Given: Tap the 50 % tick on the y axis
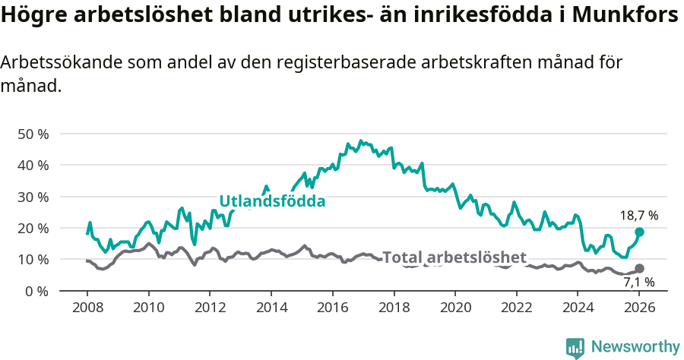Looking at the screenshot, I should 33,134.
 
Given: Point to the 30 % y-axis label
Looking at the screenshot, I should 33,197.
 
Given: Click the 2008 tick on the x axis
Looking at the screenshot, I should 87,309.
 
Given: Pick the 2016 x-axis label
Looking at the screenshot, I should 332,309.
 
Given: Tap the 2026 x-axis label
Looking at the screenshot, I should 639,309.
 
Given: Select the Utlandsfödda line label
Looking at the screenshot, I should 272,201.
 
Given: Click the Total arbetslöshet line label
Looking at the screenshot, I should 454,257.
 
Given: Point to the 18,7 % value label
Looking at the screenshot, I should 639,216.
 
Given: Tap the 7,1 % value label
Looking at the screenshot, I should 639,283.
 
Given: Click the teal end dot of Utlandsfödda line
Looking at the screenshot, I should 639,232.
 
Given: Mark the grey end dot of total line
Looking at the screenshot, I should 639,268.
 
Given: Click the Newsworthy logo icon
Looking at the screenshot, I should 575,347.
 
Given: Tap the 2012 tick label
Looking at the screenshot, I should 210,309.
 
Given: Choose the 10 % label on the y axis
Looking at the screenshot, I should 33,260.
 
